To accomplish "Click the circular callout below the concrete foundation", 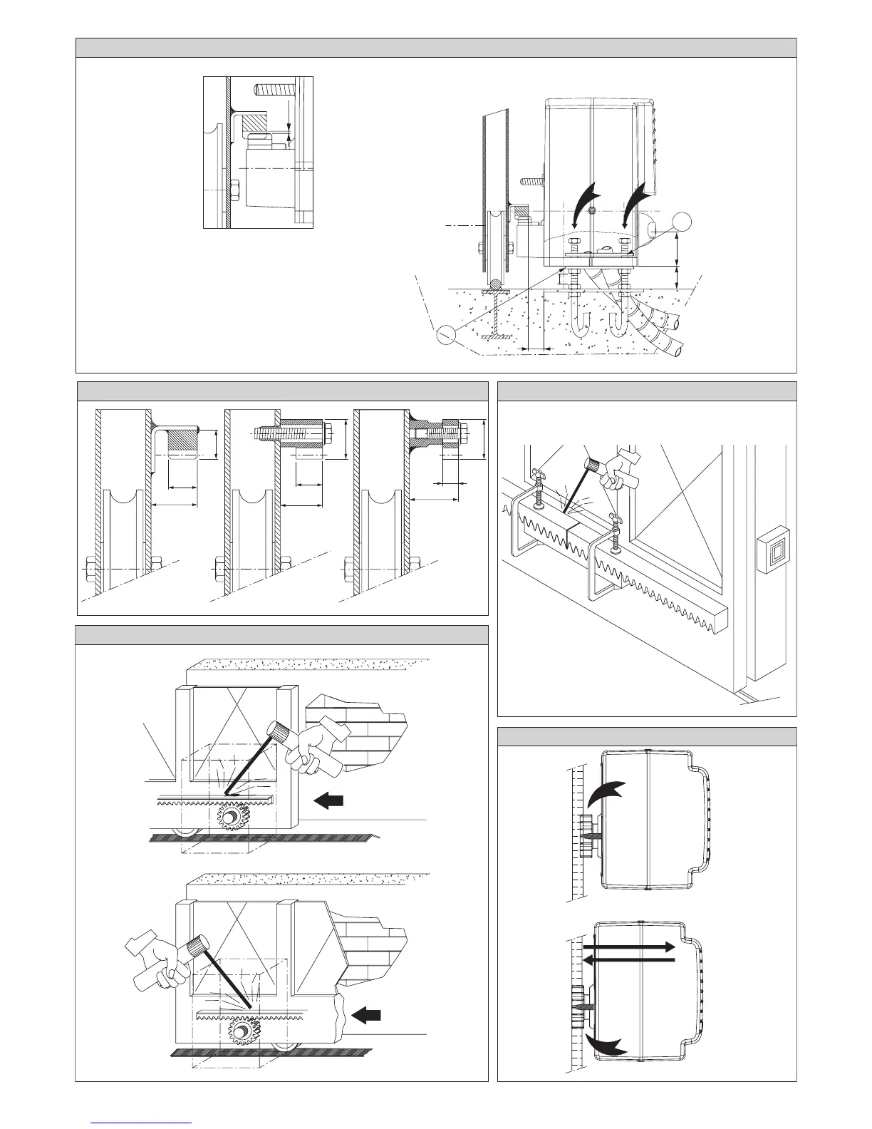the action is (x=447, y=332).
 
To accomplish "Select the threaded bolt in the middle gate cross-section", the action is (x=292, y=433).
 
